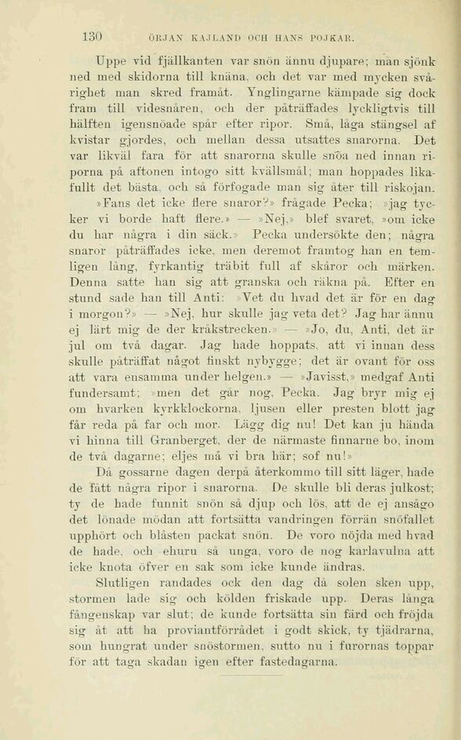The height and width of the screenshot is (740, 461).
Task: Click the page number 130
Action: pos(93,37)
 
